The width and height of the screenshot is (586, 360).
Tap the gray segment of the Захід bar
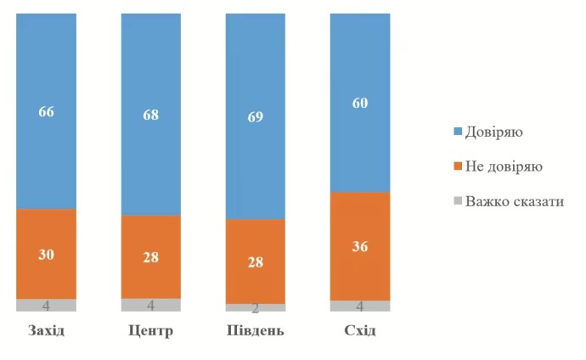pyautogui.click(x=46, y=305)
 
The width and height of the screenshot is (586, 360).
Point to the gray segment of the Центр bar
pyautogui.click(x=150, y=305)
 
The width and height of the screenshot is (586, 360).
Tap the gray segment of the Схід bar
pyautogui.click(x=359, y=306)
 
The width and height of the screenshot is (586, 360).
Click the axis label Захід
pyautogui.click(x=46, y=330)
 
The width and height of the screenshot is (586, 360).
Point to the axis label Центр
pyautogui.click(x=150, y=330)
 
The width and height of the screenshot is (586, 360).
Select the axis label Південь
pyautogui.click(x=255, y=330)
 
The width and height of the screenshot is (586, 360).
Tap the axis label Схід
pyautogui.click(x=359, y=330)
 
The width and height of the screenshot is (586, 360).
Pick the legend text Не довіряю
pyautogui.click(x=506, y=167)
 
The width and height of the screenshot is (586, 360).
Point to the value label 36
pyautogui.click(x=359, y=247)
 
